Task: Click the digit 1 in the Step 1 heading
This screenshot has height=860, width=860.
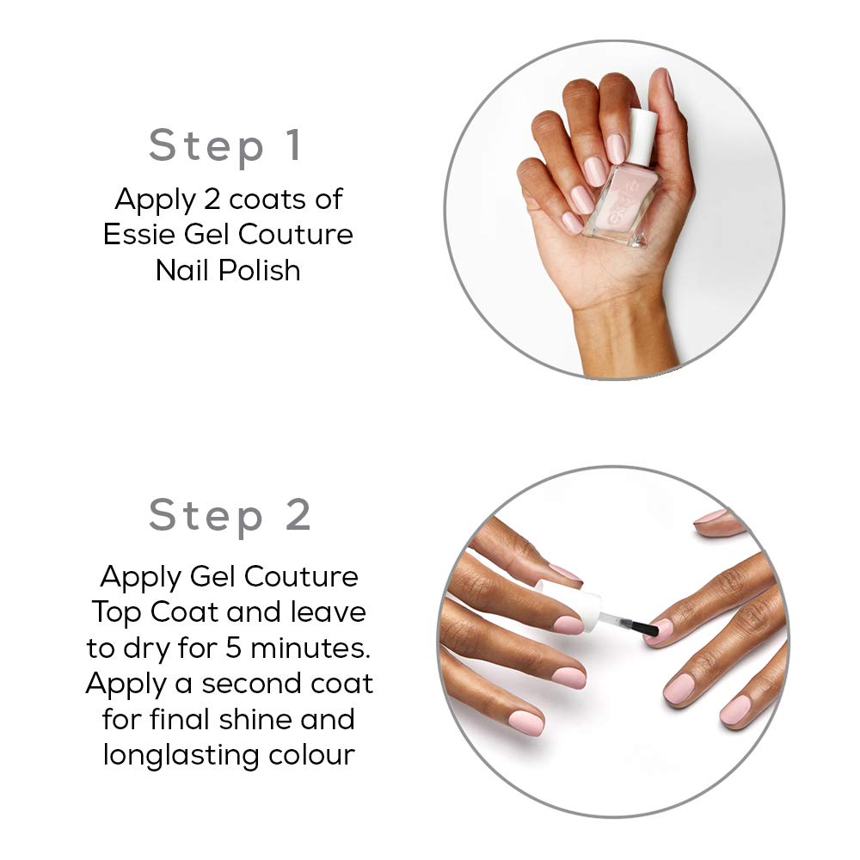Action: point(295,144)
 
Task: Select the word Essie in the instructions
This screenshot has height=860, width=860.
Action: point(139,234)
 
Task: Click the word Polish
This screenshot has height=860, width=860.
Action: point(260,270)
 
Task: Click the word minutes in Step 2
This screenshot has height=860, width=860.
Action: point(310,648)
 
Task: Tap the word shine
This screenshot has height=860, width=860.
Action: point(255,719)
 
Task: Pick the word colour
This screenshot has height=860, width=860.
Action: point(311,756)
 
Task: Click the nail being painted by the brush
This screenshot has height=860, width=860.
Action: point(660,630)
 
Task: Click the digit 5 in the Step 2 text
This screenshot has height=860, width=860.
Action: point(234,648)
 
